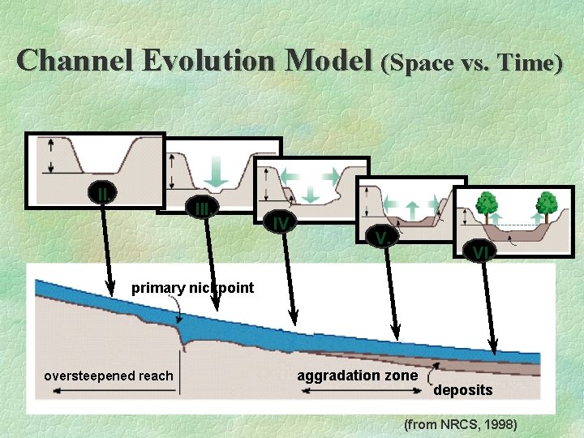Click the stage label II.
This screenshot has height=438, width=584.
coord(104,194)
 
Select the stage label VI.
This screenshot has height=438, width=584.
coord(482,252)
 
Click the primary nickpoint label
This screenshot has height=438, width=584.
coord(192,288)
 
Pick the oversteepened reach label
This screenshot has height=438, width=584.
coord(108,376)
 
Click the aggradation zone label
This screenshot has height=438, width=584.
coord(357,376)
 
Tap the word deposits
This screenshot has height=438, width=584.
coord(462,390)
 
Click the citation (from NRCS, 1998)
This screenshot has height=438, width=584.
coord(460,424)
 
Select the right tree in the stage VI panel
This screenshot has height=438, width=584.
coord(547,203)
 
